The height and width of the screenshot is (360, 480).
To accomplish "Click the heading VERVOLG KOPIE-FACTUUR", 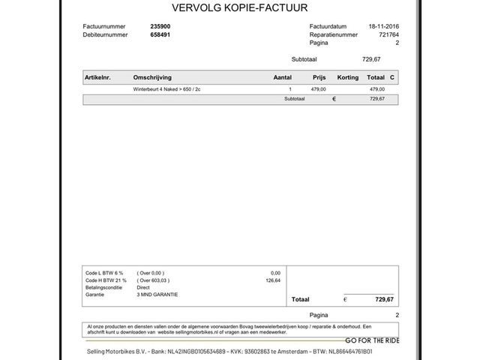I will coord(240,9).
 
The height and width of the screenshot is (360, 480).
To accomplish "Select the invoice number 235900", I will coord(160,26).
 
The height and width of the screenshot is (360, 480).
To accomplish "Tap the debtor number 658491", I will coord(160,34).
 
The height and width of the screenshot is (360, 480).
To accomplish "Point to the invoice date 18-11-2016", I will coord(384,26).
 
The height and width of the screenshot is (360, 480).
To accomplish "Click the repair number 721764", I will coord(388,34).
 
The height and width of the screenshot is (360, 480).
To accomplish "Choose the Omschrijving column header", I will coord(152,77).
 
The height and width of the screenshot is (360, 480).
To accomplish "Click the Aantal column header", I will coord(282,77).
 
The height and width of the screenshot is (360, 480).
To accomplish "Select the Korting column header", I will coord(348,77).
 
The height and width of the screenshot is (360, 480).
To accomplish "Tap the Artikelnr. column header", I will coord(98,77).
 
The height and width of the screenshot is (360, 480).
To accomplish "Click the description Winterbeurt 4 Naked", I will coord(166,89).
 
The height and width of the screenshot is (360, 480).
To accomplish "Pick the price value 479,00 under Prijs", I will coord(318,89).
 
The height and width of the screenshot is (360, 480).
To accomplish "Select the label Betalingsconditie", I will coord(106,287).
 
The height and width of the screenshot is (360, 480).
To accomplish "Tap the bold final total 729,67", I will coord(384,299).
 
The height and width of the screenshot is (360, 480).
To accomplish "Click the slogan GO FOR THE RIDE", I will coord(372,340).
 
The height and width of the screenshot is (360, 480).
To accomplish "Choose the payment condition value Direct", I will coord(143,287).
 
